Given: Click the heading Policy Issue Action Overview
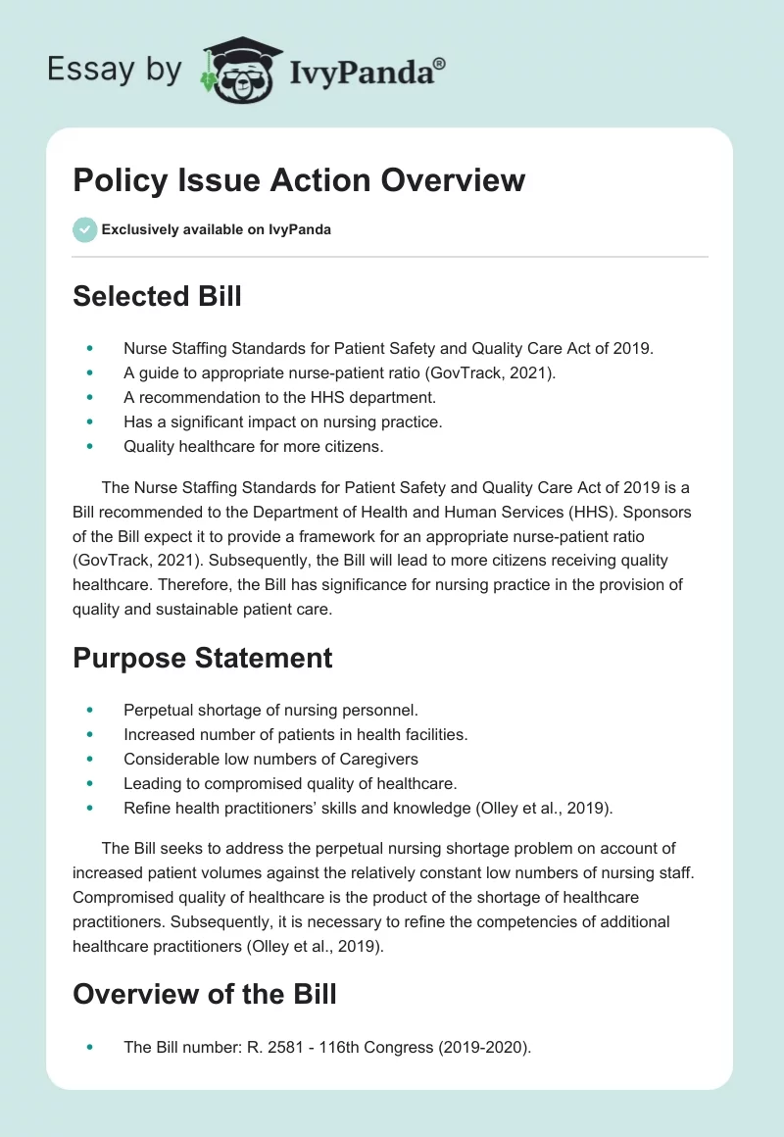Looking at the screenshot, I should point(299,181).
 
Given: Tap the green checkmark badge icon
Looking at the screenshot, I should point(84,229).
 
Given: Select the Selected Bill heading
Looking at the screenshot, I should point(157,296).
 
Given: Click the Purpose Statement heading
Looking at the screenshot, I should point(203,657).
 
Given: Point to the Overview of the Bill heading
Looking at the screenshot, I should point(205,994).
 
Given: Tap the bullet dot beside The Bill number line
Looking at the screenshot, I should point(91,1047).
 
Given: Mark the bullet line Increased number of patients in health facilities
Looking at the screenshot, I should point(293,732).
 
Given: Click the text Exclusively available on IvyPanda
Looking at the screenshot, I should point(216,230).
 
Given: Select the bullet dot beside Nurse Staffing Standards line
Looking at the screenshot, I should point(91,347).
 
